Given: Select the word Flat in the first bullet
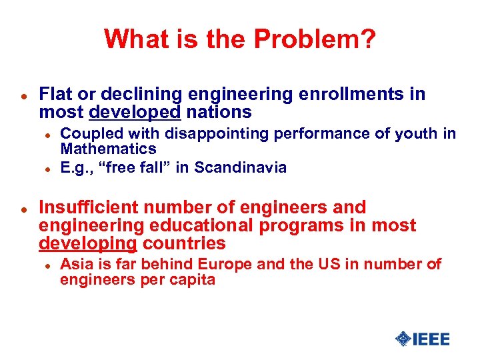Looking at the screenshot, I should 54,95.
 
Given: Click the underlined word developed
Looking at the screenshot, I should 134,112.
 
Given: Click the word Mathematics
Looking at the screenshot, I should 108,149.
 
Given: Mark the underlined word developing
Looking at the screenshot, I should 88,243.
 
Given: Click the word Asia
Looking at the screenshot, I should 75,265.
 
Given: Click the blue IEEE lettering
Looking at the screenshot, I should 431,339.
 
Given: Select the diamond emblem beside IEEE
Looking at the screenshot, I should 403,339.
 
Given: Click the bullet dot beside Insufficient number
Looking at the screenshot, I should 23,209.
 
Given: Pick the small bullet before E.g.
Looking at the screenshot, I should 48,169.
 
